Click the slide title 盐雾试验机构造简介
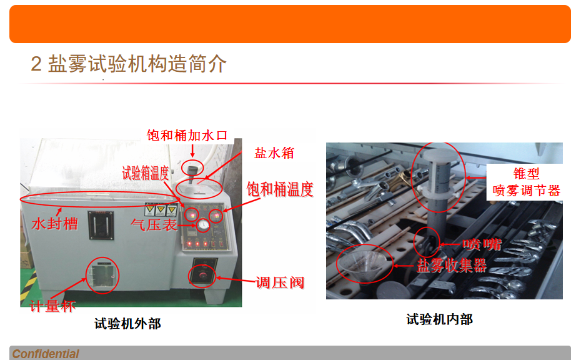(128, 64)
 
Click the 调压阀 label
(280, 282)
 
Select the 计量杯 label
(52, 307)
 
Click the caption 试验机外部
(127, 323)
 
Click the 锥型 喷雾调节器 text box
(526, 182)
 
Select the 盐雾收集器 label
(452, 265)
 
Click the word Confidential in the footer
(46, 354)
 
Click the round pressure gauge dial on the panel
(203, 226)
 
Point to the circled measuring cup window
(101, 276)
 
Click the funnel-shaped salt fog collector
(365, 262)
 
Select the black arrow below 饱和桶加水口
(192, 150)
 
